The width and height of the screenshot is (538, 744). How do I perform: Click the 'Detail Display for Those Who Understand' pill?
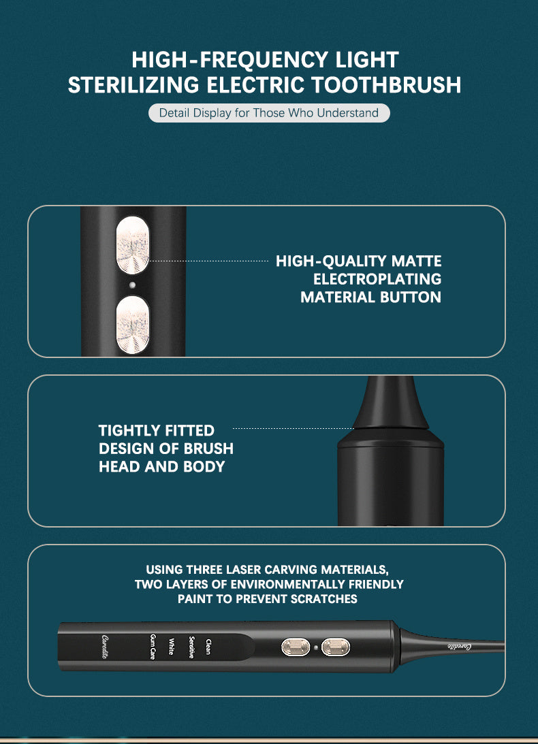coord(268,112)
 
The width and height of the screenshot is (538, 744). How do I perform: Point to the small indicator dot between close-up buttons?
coord(133,285)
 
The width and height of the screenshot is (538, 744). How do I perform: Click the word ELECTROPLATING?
coord(377,279)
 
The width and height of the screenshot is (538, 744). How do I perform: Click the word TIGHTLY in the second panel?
coord(127,431)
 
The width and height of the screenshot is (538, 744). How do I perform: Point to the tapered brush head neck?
coord(390,405)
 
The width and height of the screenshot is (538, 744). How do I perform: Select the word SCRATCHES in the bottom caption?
coord(324,599)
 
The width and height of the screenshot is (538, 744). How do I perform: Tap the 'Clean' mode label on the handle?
coord(208,647)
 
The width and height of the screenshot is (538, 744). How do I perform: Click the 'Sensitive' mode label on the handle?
coord(191,647)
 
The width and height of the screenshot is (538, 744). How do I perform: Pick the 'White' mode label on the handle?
coord(171,647)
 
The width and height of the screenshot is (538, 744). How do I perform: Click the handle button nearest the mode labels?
coord(296,647)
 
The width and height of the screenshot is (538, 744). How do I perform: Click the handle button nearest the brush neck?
coord(335,647)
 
